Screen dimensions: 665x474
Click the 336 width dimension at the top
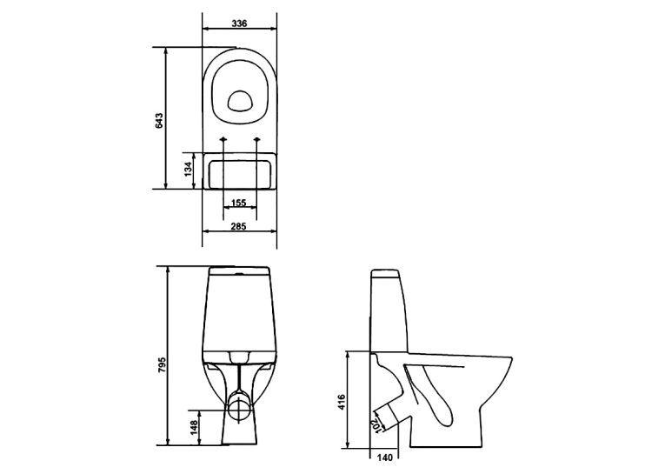[239, 23]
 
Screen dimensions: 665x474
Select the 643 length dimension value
[159, 121]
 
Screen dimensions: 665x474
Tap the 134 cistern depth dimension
[188, 170]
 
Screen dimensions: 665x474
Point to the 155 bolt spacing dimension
[239, 203]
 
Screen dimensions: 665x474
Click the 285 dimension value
[238, 227]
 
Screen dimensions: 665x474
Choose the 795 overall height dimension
[162, 365]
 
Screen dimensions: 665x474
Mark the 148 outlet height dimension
[193, 428]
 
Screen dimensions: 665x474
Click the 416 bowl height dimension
[342, 403]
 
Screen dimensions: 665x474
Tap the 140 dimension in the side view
[384, 457]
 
